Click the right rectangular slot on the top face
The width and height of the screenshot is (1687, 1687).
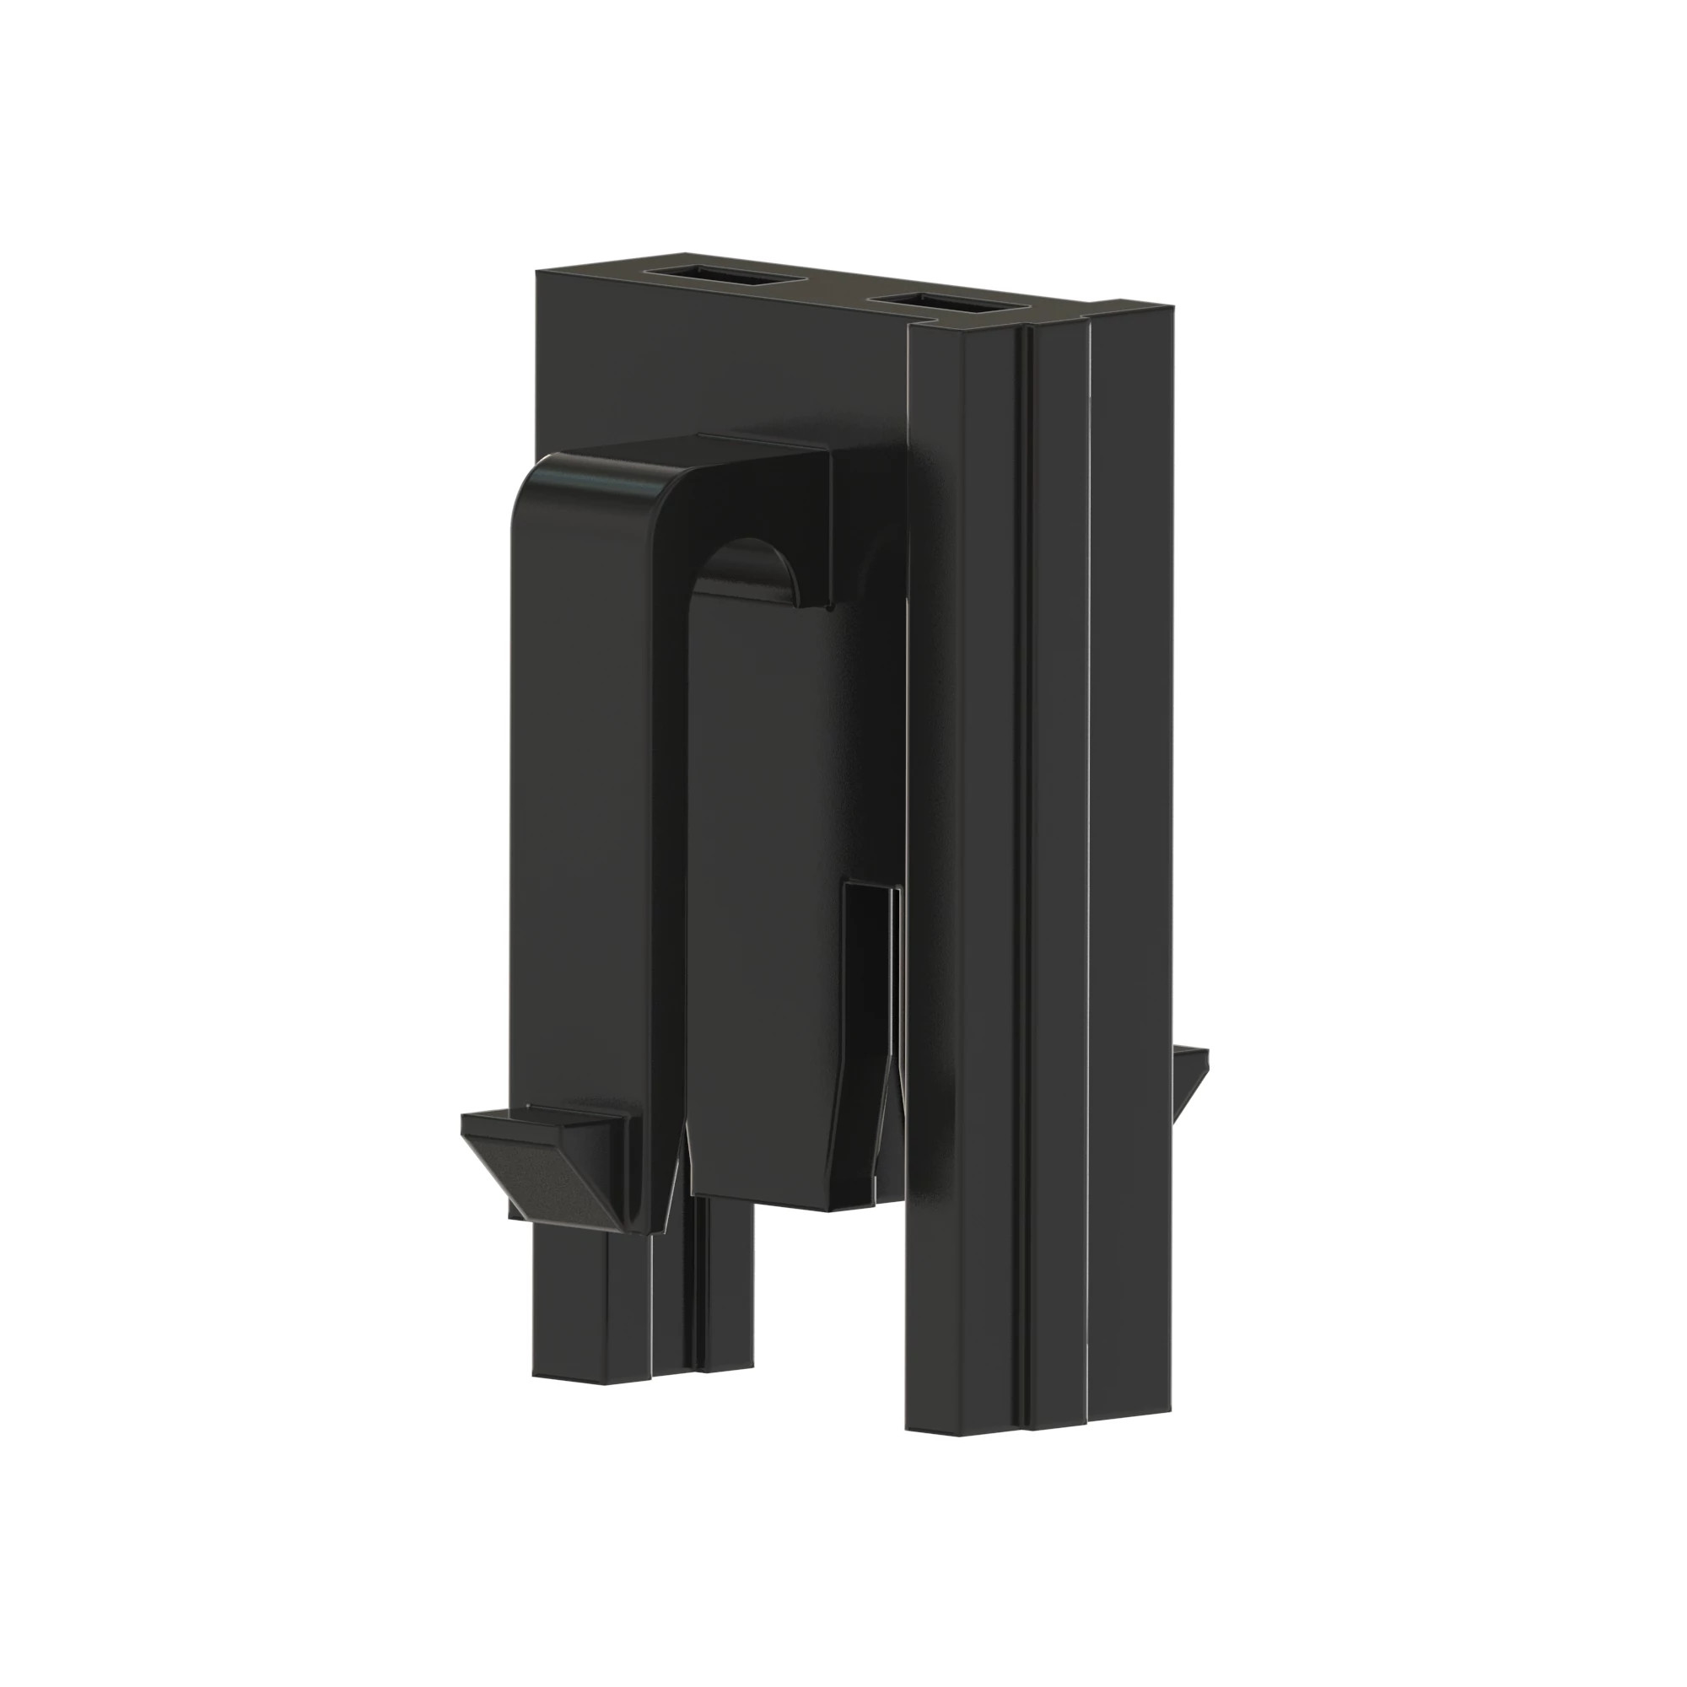[x=948, y=302]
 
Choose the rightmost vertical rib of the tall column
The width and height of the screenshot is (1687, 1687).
[x=1132, y=873]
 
